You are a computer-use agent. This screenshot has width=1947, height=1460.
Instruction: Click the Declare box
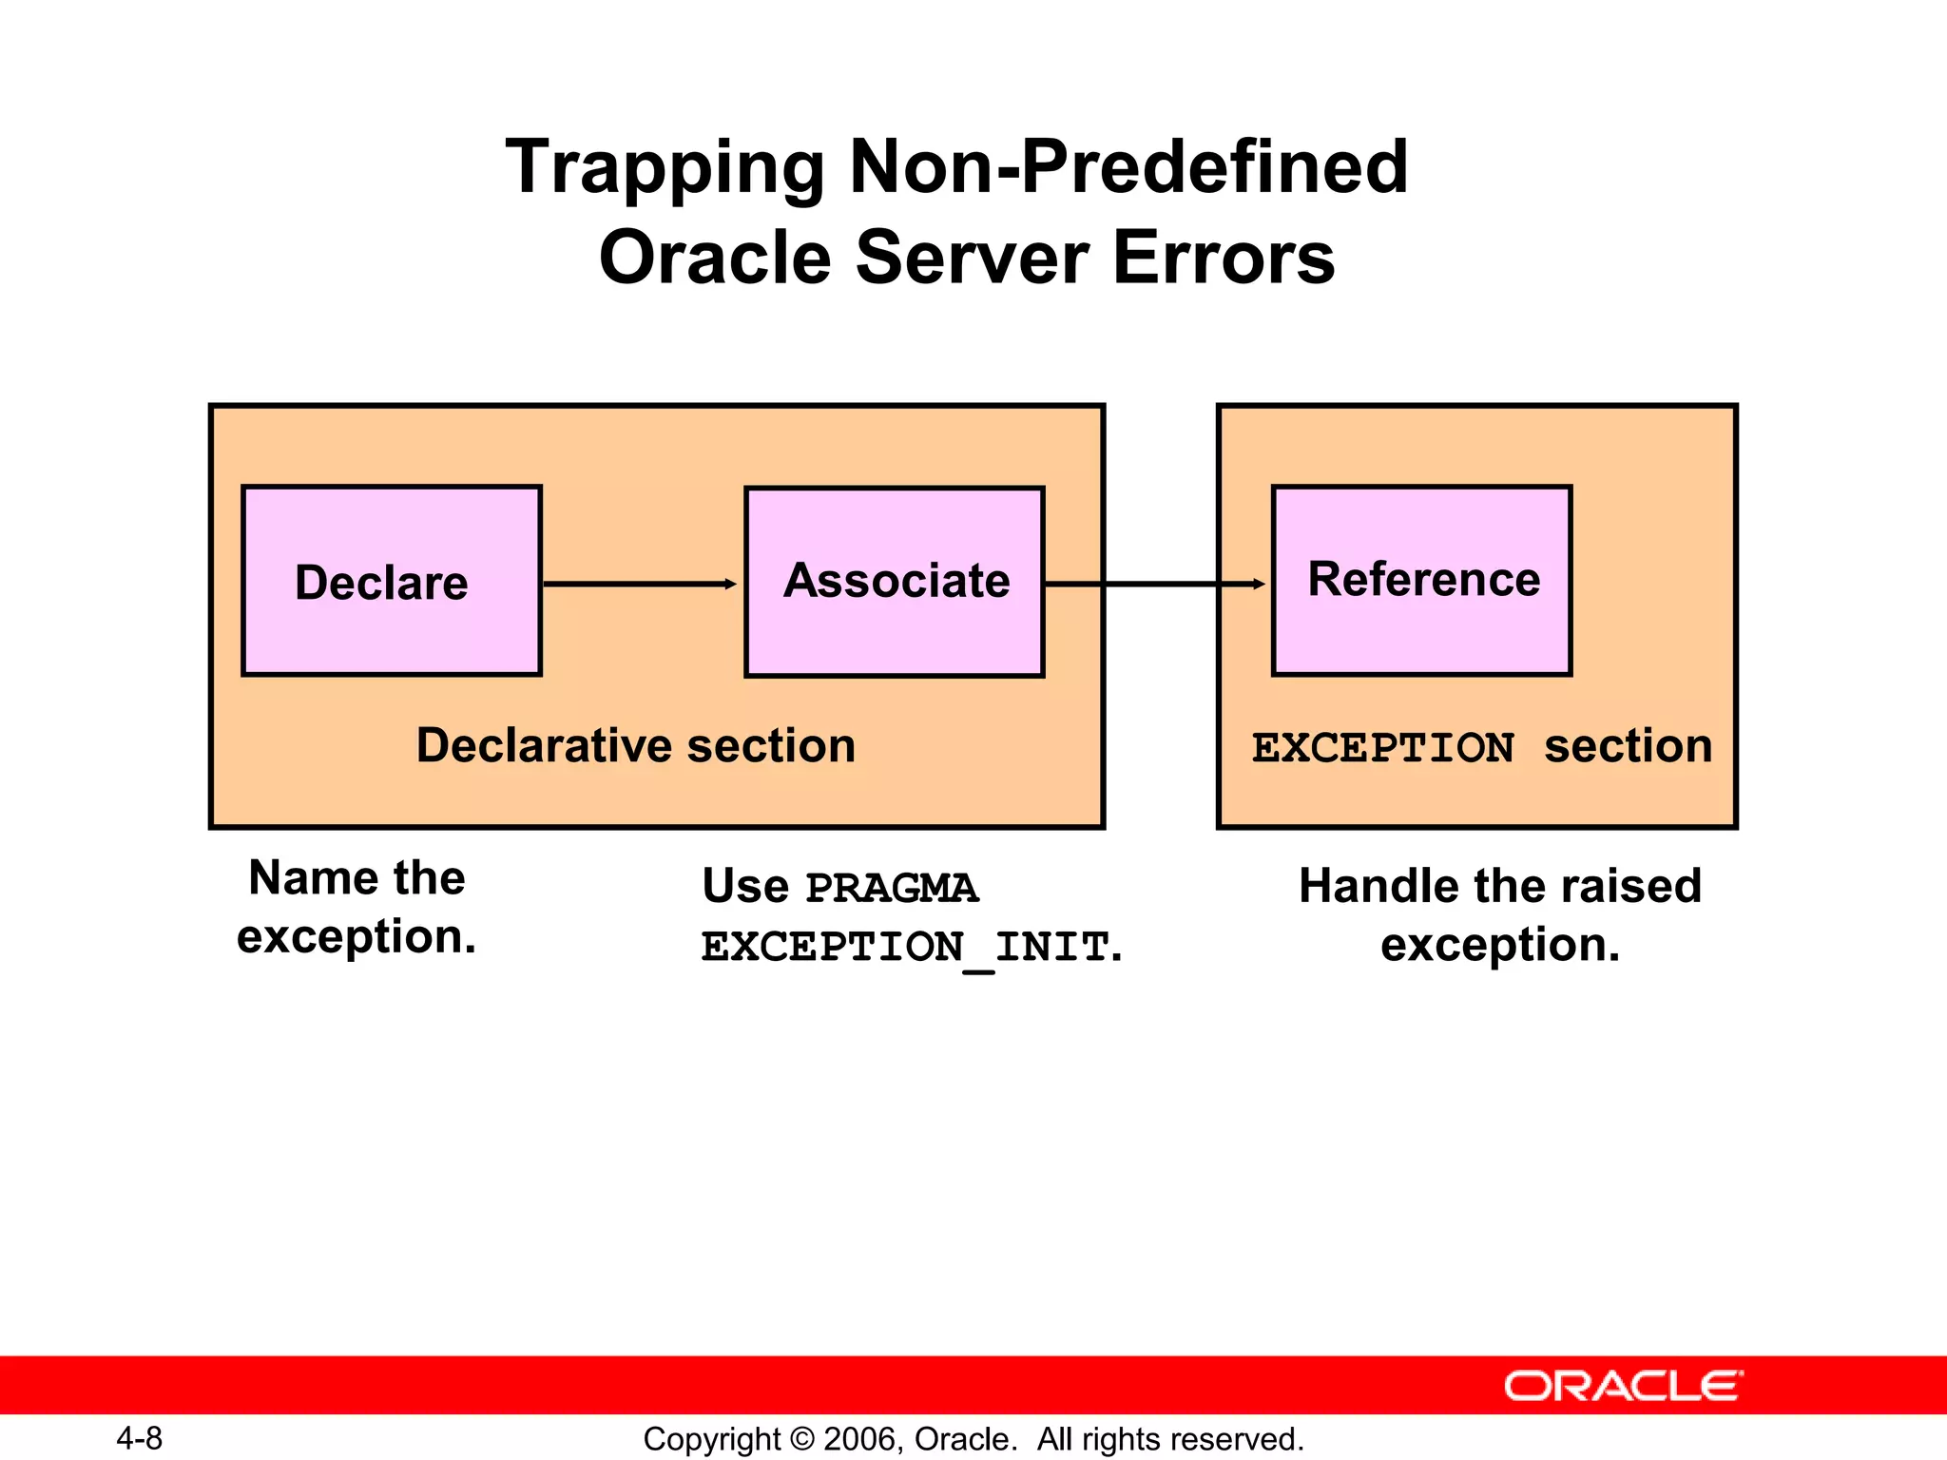[x=392, y=581]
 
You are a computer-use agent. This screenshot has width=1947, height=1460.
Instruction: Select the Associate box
[x=895, y=582]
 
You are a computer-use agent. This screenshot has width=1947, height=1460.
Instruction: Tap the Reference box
[x=1421, y=581]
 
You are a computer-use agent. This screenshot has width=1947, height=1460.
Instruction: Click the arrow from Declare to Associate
[x=639, y=584]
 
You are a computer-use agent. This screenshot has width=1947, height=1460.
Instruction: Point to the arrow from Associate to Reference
[x=1155, y=584]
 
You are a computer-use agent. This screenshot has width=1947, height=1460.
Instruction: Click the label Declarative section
[x=636, y=745]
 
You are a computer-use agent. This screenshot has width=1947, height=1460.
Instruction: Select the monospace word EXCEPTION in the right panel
[x=1382, y=748]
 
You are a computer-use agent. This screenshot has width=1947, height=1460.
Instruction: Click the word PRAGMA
[x=891, y=889]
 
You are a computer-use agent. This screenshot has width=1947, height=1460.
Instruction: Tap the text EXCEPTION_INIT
[x=905, y=948]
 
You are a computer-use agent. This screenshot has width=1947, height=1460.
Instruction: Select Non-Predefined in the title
[x=1128, y=167]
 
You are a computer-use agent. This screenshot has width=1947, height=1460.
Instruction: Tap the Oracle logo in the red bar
[x=1623, y=1386]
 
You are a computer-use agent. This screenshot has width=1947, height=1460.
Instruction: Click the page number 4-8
[x=139, y=1438]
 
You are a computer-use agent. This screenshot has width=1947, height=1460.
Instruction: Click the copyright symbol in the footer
[x=802, y=1439]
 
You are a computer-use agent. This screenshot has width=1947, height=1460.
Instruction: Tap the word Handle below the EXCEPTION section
[x=1370, y=886]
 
